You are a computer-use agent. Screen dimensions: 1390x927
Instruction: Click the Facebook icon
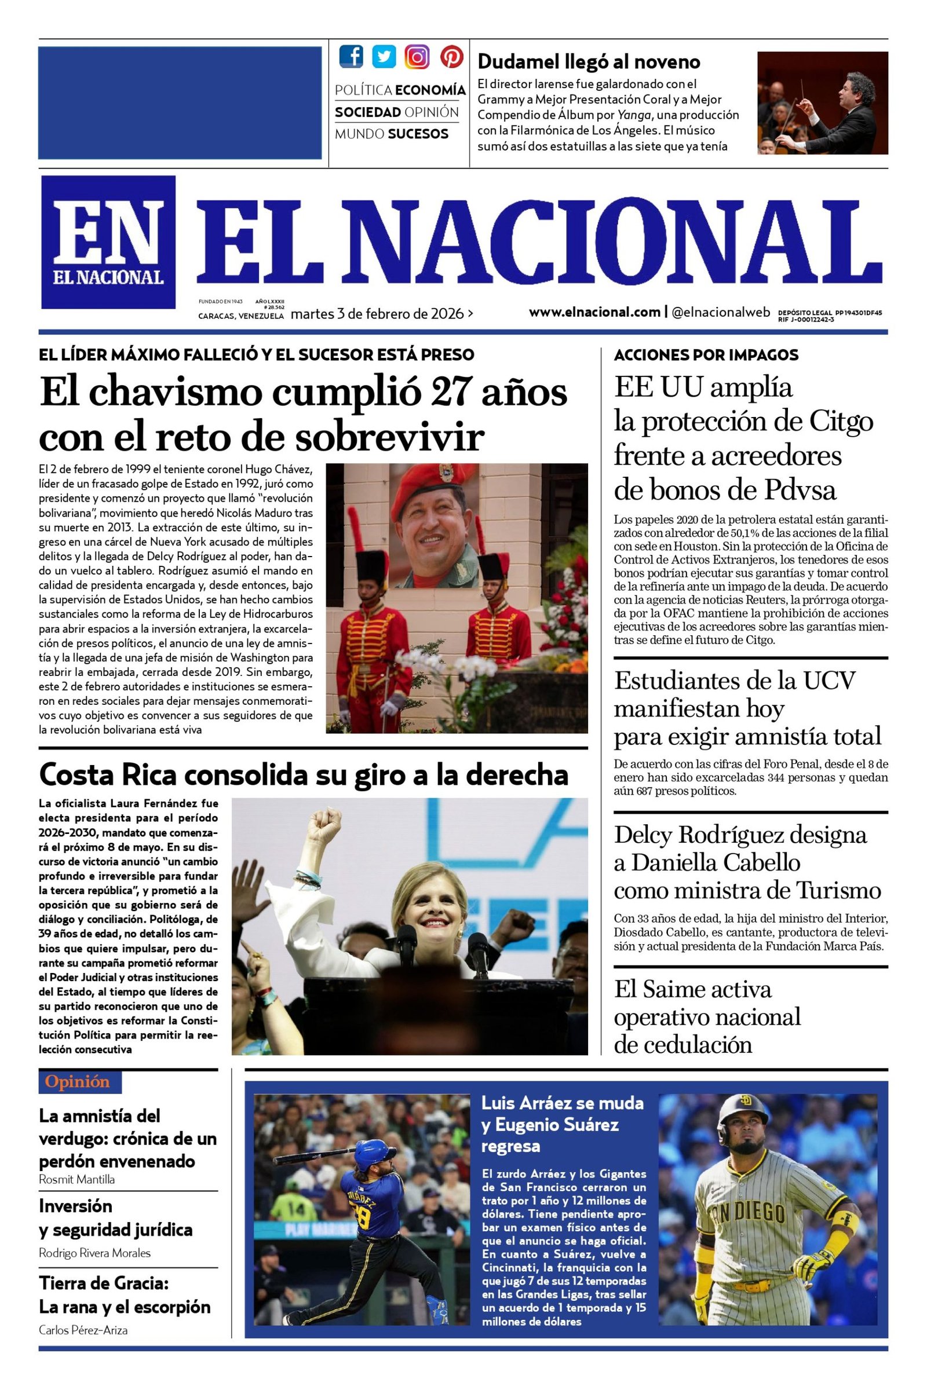pyautogui.click(x=351, y=57)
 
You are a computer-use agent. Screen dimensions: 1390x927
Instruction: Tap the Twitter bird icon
pyautogui.click(x=384, y=57)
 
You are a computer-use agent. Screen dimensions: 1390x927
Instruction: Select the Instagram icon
pyautogui.click(x=417, y=57)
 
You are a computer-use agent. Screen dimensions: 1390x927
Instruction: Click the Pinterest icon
pyautogui.click(x=451, y=57)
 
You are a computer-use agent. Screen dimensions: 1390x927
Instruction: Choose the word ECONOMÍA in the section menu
pyautogui.click(x=430, y=90)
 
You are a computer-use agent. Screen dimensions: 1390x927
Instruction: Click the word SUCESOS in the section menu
pyautogui.click(x=418, y=134)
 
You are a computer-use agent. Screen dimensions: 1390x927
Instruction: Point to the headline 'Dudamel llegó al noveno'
pyautogui.click(x=588, y=61)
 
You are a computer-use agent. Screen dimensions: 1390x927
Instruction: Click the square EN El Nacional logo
pyautogui.click(x=108, y=242)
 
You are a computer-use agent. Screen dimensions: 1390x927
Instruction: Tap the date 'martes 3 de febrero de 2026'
pyautogui.click(x=377, y=314)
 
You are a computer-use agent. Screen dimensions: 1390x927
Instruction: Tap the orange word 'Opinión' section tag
pyautogui.click(x=78, y=1082)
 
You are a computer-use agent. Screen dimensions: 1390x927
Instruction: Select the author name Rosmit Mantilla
pyautogui.click(x=77, y=1179)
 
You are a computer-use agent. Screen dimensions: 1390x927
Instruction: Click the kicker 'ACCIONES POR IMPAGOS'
pyautogui.click(x=706, y=355)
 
